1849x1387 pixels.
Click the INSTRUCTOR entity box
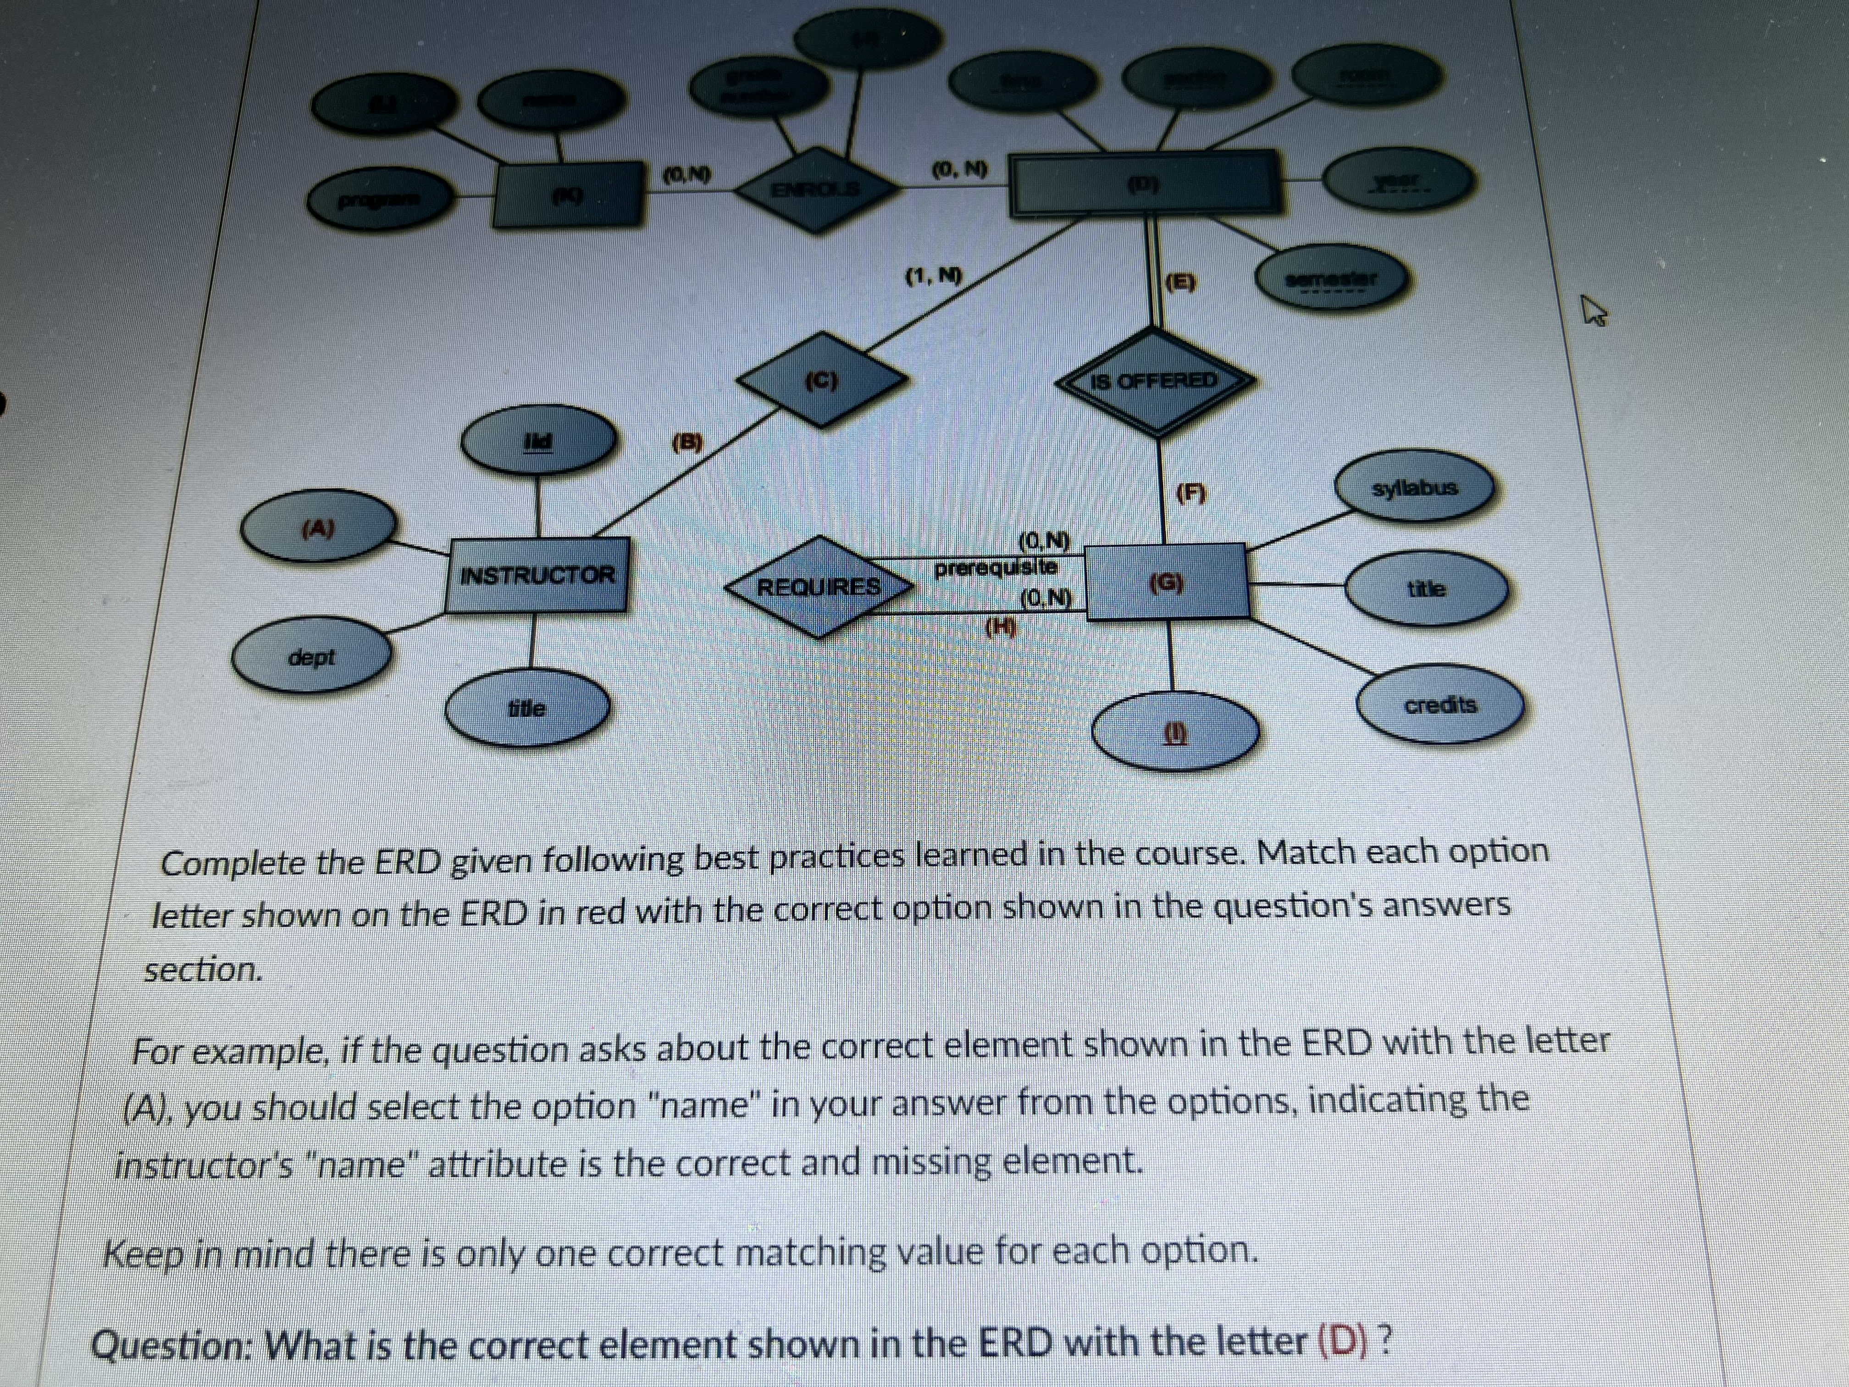537,575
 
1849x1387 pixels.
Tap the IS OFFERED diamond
1156,381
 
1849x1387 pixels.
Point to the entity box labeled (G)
1167,581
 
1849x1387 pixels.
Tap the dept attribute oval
311,657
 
